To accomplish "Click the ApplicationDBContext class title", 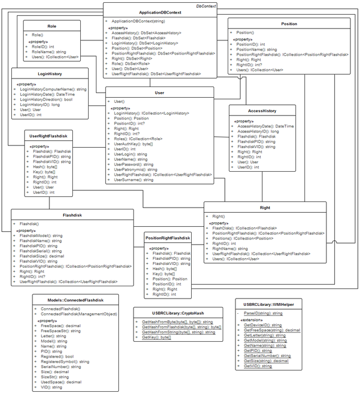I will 160,12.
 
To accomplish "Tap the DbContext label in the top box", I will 206,6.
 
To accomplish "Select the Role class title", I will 52,26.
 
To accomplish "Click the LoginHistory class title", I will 50,74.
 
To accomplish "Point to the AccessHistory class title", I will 262,111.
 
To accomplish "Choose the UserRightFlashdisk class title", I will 49,136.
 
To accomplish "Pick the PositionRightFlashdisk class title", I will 168,238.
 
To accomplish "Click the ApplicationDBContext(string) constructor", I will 138,21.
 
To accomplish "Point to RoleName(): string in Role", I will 49,52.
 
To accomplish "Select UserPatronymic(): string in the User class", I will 136,169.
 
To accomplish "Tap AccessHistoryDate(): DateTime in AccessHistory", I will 265,126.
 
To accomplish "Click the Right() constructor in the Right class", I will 219,216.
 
